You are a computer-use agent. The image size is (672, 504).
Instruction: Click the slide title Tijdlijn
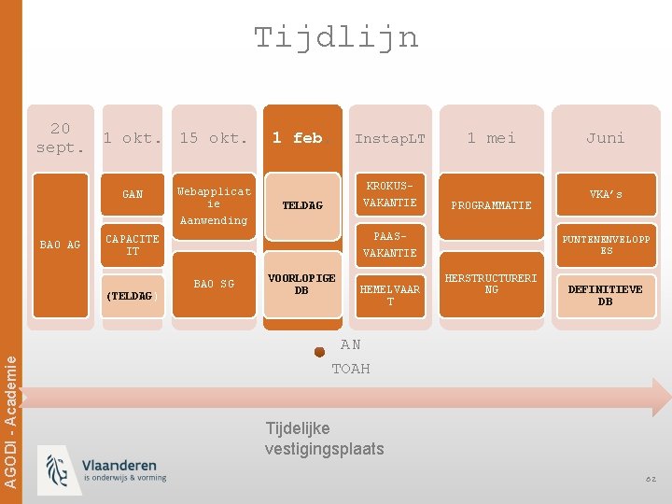point(336,37)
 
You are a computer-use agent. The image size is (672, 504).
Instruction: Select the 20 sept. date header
point(61,137)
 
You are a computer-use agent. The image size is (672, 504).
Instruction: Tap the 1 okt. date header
point(133,137)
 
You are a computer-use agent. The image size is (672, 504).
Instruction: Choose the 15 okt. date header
point(214,137)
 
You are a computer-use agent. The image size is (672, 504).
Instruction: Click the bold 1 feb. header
point(298,137)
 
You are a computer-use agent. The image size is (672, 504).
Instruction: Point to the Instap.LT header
point(389,138)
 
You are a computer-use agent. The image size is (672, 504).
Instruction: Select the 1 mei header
point(491,137)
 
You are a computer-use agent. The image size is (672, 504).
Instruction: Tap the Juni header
point(605,137)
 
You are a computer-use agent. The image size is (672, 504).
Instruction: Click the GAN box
point(133,194)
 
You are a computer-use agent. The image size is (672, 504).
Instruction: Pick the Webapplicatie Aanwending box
point(214,205)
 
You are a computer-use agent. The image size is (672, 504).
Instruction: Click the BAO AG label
point(60,245)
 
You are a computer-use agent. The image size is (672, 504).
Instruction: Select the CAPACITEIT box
point(133,245)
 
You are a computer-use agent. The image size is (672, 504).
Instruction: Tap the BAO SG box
point(214,284)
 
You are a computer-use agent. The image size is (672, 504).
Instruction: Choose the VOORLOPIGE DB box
point(301,284)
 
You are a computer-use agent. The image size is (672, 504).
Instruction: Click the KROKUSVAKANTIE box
point(389,194)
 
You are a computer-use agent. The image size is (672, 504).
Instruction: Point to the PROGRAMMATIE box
point(491,205)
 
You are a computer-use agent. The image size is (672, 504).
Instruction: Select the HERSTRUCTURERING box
point(491,284)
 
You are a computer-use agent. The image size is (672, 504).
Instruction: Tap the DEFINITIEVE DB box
point(605,295)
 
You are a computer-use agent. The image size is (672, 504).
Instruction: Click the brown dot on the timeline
point(319,353)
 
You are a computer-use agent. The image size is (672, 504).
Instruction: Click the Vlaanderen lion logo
point(57,470)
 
